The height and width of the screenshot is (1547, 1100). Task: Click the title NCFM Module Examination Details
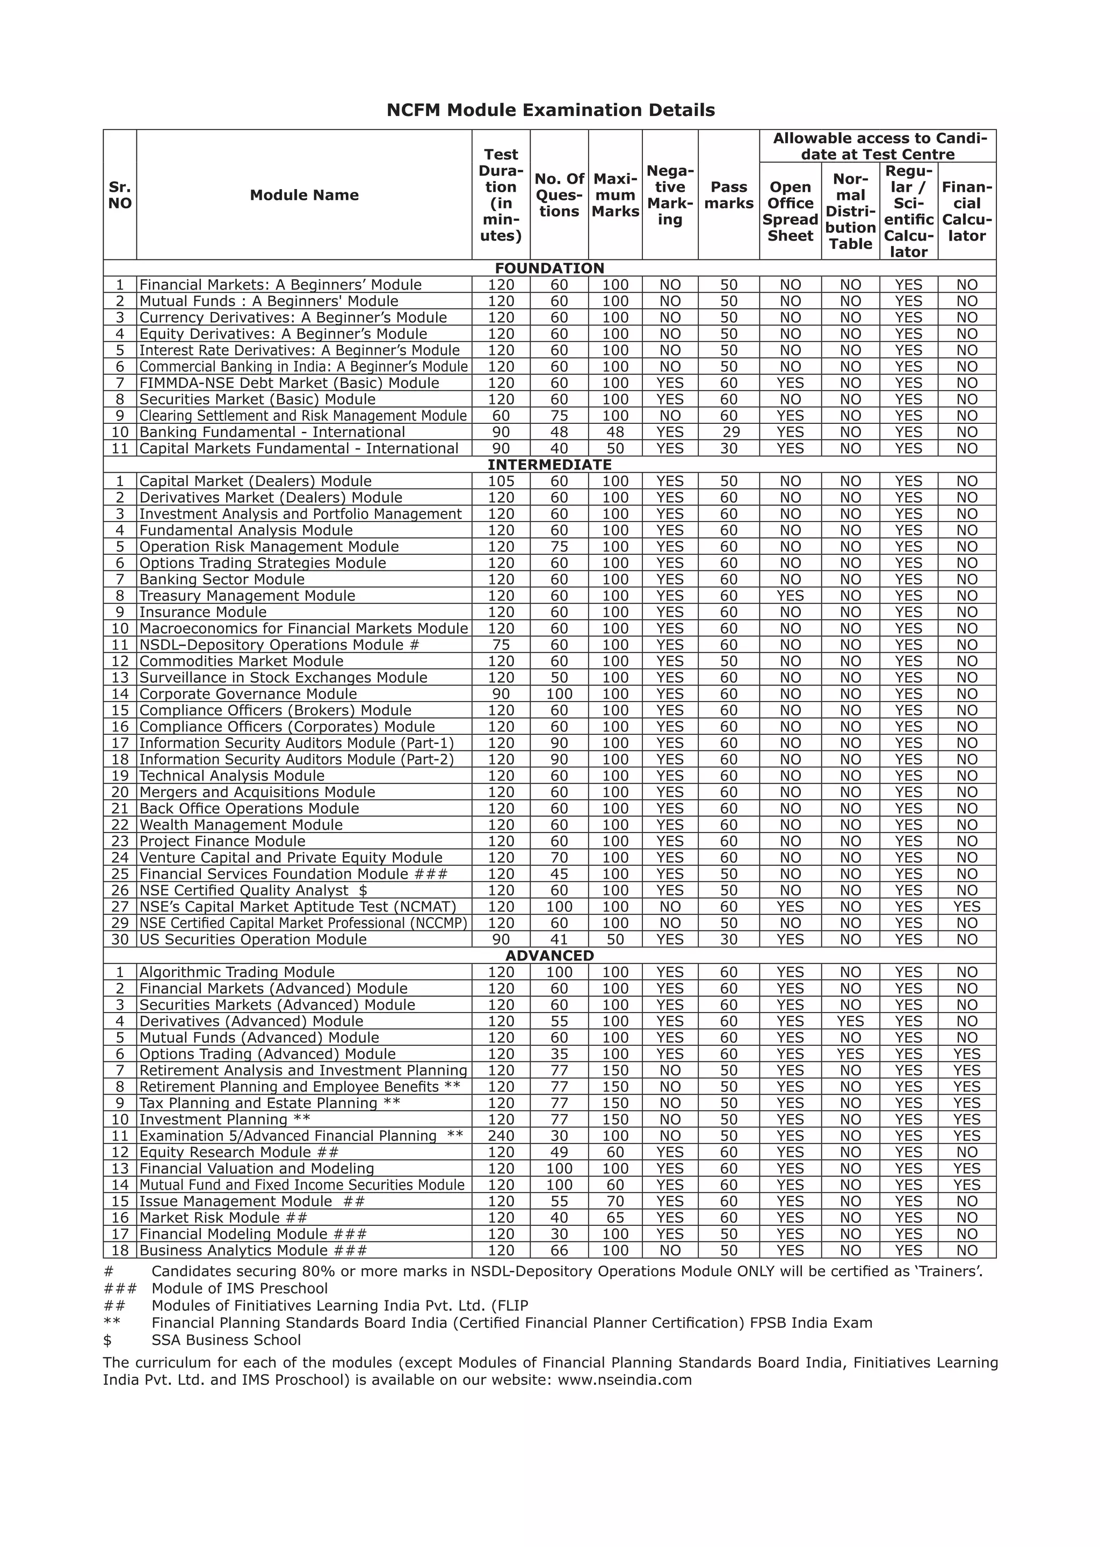[550, 111]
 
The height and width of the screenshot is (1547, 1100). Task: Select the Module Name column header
[304, 195]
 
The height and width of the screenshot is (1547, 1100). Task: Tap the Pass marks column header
[728, 195]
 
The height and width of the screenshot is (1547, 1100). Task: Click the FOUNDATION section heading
[549, 268]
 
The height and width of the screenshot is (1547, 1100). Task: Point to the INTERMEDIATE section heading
[549, 465]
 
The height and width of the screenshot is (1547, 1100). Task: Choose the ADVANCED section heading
[549, 956]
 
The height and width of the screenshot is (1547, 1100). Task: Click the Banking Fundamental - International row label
[272, 432]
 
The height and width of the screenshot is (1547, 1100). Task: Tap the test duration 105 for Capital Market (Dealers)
[501, 481]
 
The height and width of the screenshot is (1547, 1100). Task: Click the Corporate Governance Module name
[248, 693]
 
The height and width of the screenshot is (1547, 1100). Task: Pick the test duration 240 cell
[501, 1136]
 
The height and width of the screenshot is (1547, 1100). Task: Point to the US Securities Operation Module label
[252, 939]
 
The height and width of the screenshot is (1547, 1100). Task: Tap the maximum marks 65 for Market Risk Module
[615, 1218]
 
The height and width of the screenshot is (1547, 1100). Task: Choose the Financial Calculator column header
[967, 211]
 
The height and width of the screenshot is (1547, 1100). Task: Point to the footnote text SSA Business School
[226, 1340]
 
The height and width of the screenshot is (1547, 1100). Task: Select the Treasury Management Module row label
[247, 595]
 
